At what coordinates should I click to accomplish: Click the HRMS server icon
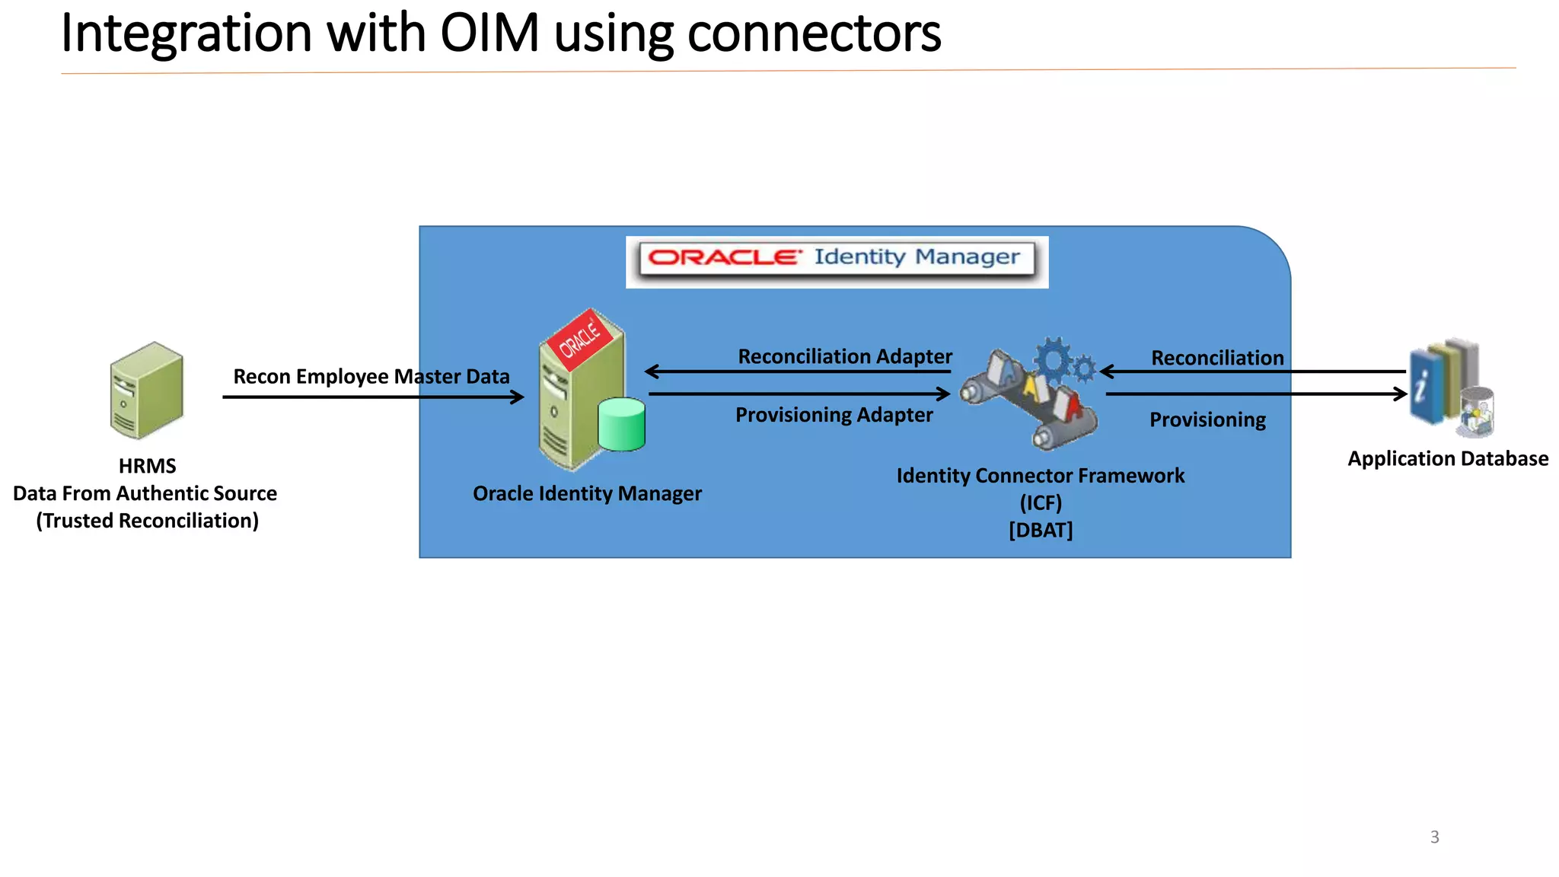pos(147,390)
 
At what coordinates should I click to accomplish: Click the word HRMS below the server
pos(147,466)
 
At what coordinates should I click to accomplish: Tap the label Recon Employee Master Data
pos(371,377)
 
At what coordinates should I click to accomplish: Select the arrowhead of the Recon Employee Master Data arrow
pos(518,397)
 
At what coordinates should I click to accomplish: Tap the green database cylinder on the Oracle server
pos(621,424)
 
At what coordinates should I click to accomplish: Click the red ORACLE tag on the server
pos(581,340)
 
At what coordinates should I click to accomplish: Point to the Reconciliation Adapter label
pos(844,356)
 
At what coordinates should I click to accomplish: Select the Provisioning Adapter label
pos(834,415)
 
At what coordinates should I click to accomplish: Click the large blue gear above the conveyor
pos(1054,359)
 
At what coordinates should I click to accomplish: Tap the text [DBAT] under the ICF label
pos(1040,530)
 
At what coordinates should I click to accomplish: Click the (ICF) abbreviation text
pos(1040,502)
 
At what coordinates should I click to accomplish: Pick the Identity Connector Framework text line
pos(1040,476)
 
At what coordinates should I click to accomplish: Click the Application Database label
pos(1447,459)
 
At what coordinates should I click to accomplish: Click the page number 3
pos(1434,837)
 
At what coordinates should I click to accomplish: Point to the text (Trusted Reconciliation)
pos(147,521)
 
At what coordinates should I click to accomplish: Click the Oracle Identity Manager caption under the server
pos(587,494)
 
